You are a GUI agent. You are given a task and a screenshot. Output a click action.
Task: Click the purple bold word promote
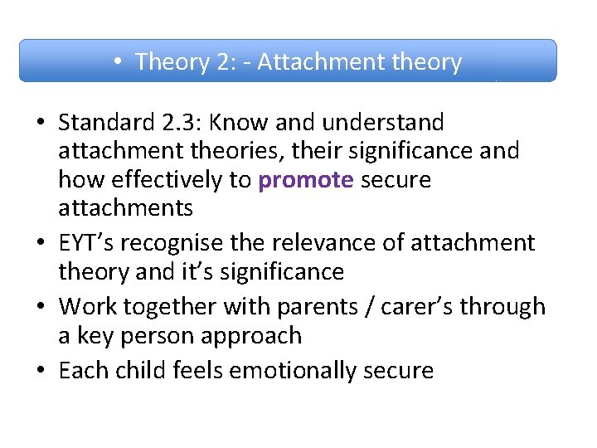coord(306,181)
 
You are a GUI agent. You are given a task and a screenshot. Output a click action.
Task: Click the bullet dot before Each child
coord(41,370)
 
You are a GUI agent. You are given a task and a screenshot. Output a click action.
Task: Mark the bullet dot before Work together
coord(41,306)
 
